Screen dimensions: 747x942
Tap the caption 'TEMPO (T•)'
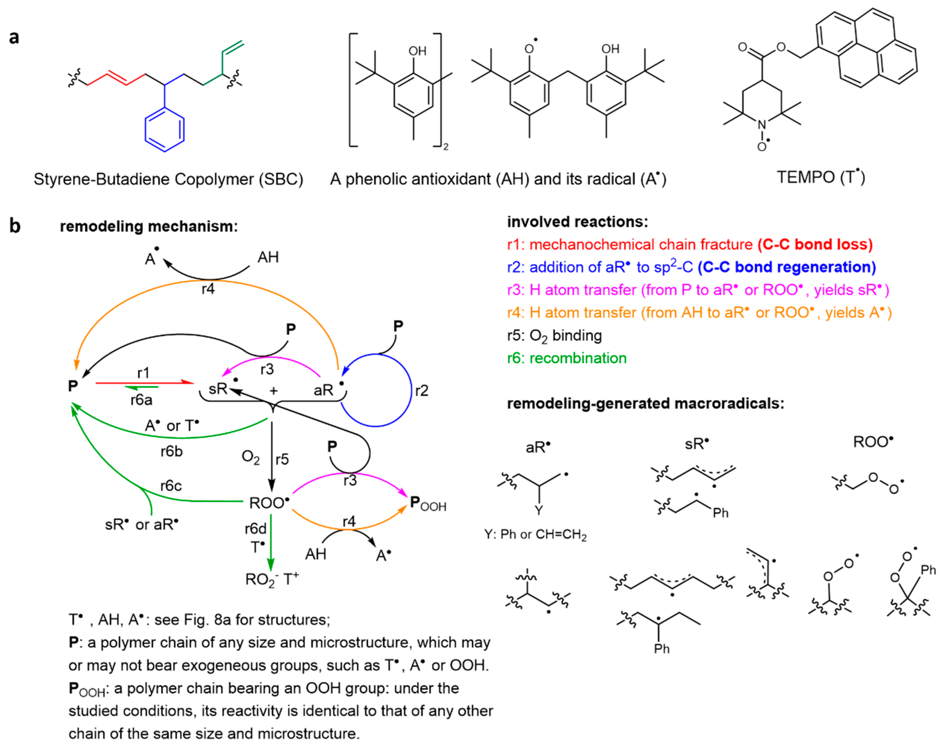click(x=820, y=177)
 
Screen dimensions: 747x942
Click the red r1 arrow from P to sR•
click(x=144, y=383)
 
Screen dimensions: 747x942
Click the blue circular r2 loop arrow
click(x=411, y=390)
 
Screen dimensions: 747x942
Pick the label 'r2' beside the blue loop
click(x=422, y=390)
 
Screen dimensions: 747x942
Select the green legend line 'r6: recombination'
click(x=567, y=358)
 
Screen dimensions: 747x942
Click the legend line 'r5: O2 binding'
click(x=555, y=335)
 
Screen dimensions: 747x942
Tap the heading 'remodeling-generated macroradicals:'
click(x=645, y=403)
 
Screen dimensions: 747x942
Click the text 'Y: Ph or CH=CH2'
click(x=535, y=535)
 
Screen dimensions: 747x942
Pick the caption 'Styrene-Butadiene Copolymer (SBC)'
click(x=168, y=179)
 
